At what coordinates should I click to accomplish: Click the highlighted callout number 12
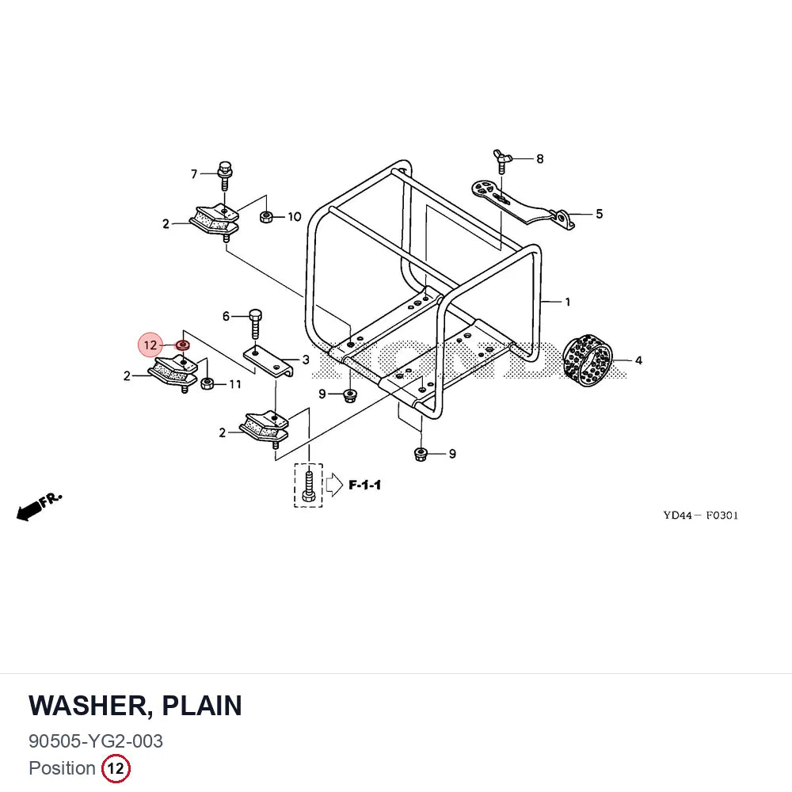(x=150, y=345)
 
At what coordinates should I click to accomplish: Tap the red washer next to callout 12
(x=182, y=345)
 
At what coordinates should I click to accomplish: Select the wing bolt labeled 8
(x=502, y=161)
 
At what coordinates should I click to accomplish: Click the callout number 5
(x=599, y=214)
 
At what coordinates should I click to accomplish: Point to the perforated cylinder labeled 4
(x=588, y=360)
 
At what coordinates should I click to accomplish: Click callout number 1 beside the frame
(x=568, y=302)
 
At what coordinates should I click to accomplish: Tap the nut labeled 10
(x=266, y=217)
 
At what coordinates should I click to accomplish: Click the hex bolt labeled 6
(x=256, y=324)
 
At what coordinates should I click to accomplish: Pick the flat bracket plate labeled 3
(x=269, y=362)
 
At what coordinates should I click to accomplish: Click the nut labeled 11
(x=207, y=383)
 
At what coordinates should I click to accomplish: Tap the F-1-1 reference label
(x=364, y=485)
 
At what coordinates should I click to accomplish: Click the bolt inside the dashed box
(x=309, y=485)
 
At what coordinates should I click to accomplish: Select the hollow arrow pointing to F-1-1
(x=334, y=485)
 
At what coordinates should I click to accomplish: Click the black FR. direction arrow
(x=30, y=511)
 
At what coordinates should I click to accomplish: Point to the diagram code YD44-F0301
(x=701, y=516)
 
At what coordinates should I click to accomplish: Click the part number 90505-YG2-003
(x=96, y=741)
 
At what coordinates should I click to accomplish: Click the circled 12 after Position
(x=116, y=768)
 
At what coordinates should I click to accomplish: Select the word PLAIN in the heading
(x=201, y=706)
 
